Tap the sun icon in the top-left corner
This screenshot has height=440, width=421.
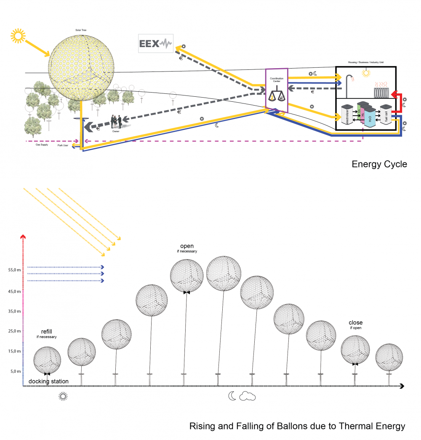click(18, 36)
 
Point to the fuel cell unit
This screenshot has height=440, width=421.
click(386, 115)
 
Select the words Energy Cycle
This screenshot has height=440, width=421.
click(379, 164)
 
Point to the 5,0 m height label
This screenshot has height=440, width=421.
click(15, 371)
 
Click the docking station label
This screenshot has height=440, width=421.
click(48, 382)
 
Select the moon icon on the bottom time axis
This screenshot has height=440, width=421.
click(232, 396)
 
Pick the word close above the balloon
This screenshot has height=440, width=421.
click(356, 323)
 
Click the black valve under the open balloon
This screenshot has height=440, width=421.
click(186, 292)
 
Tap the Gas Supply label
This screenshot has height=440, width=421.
click(42, 145)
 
